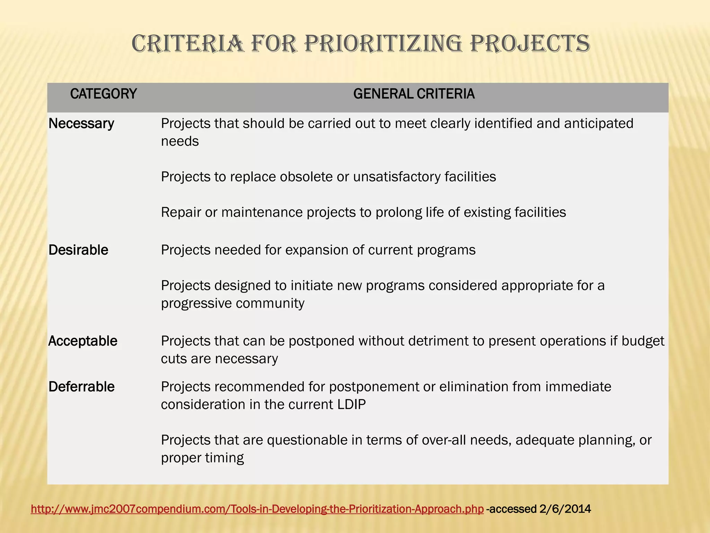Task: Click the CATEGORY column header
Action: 103,94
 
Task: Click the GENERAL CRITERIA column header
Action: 414,94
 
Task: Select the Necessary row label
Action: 81,124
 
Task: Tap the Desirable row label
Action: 78,250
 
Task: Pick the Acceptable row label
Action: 83,341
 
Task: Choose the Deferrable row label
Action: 81,387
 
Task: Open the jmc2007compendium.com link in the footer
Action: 257,509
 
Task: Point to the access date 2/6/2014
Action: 565,509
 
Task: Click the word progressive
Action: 196,303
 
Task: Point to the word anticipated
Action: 598,124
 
